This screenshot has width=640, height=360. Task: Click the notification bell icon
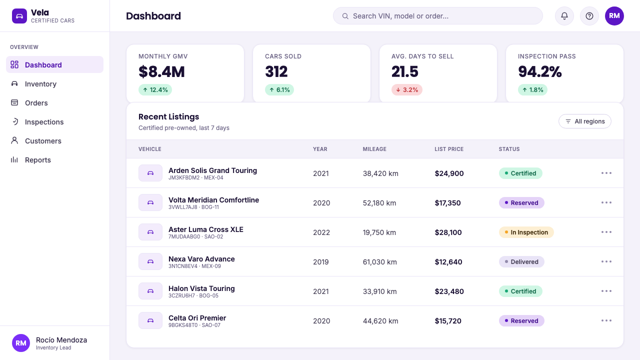coord(564,16)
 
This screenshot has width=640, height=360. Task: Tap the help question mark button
coord(589,16)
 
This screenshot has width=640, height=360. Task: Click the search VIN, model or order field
coord(437,16)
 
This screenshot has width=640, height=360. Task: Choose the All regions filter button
coord(585,121)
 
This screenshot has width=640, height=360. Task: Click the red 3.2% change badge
coord(407,89)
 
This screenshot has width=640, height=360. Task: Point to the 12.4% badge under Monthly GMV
coord(155,89)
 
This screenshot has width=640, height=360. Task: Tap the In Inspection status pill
coord(526,232)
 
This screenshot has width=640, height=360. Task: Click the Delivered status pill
coord(521,261)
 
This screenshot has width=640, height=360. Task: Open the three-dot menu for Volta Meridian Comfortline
coord(606,202)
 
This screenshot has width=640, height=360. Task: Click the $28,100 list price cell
coord(448,232)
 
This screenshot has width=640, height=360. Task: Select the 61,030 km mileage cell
coord(379,262)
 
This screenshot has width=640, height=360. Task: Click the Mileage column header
coord(374,149)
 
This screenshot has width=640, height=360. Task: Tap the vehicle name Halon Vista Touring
coord(201,288)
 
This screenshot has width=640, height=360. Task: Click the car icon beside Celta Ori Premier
coord(150,320)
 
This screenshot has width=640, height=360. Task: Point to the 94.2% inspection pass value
coord(539,71)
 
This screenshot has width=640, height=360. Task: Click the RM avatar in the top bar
coord(614,16)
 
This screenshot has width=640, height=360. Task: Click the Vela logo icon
coord(19,16)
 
